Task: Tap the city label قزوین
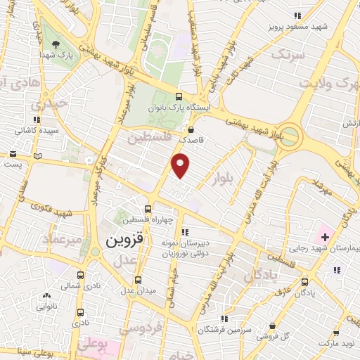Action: pyautogui.click(x=124, y=240)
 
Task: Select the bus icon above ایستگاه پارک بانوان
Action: pyautogui.click(x=179, y=97)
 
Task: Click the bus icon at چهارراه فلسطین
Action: pyautogui.click(x=148, y=209)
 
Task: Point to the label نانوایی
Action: pyautogui.click(x=47, y=306)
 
